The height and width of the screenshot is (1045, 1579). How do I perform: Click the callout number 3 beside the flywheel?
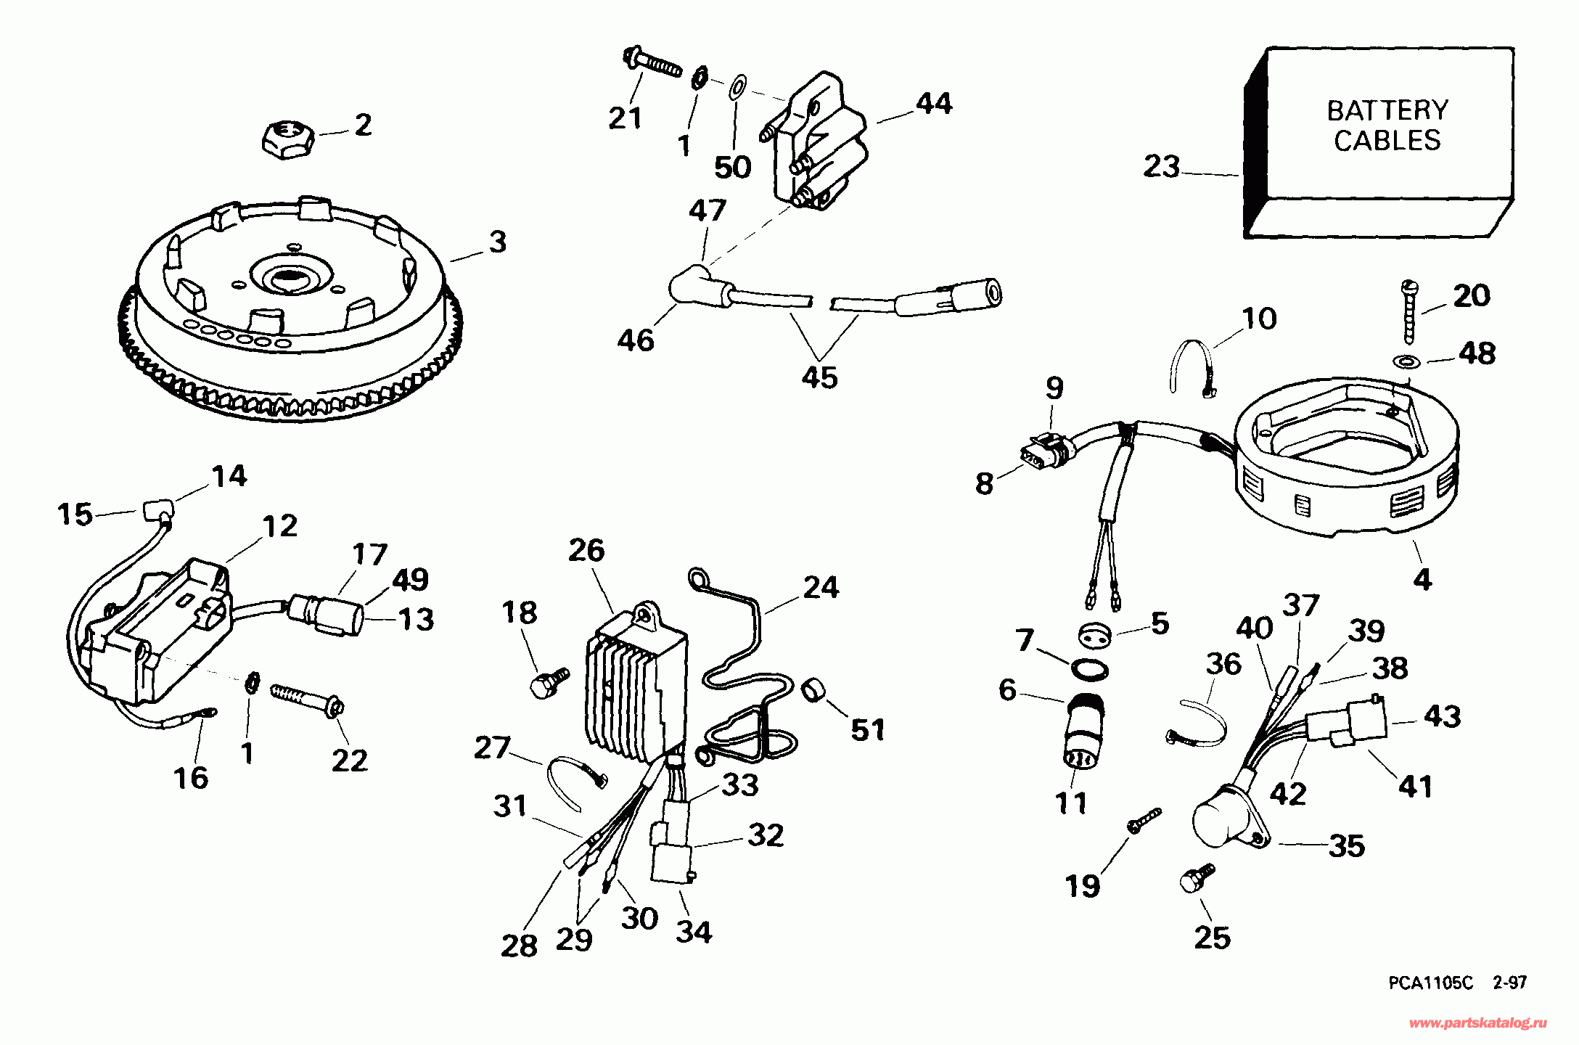[498, 242]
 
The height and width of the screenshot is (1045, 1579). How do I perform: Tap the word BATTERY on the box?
[1387, 110]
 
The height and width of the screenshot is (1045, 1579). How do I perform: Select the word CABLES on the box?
[1387, 140]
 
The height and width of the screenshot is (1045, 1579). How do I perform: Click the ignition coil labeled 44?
[817, 141]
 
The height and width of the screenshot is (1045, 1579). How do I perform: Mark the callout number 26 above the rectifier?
[586, 550]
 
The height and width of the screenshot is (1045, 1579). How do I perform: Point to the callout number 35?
[1347, 845]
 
